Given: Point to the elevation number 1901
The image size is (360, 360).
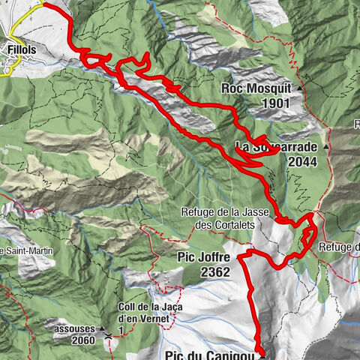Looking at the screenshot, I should pyautogui.click(x=274, y=103).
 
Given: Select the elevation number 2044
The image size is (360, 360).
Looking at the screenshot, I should pyautogui.click(x=301, y=161).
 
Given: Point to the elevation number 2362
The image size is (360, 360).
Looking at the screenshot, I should pyautogui.click(x=217, y=274).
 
